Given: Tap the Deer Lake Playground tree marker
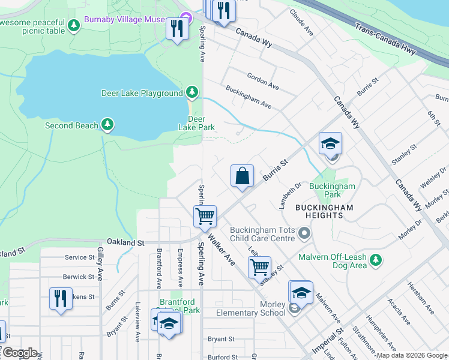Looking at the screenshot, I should [x=191, y=92].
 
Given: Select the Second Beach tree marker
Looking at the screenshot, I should [x=107, y=125].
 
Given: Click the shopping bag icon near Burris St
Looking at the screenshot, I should [x=242, y=176].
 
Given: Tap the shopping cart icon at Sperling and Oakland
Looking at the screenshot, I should [x=205, y=216].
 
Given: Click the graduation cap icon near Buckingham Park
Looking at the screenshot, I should [x=330, y=144].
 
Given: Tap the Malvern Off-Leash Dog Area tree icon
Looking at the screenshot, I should [x=376, y=260].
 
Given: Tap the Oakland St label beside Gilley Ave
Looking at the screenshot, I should [x=125, y=243].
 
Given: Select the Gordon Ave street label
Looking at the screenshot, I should [x=263, y=82].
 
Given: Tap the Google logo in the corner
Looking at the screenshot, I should [x=19, y=353].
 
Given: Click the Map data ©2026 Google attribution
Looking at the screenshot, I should [x=412, y=355].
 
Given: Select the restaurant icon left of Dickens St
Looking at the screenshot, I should [x=60, y=299].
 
